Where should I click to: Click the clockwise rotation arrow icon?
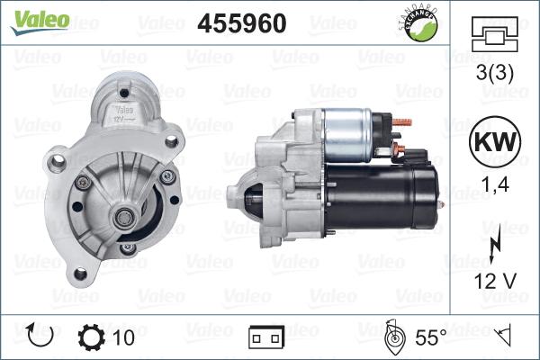pos(42,337)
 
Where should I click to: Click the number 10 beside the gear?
pos(123,337)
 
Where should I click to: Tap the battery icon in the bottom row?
pos(265,338)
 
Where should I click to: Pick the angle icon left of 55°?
pos(393,337)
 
